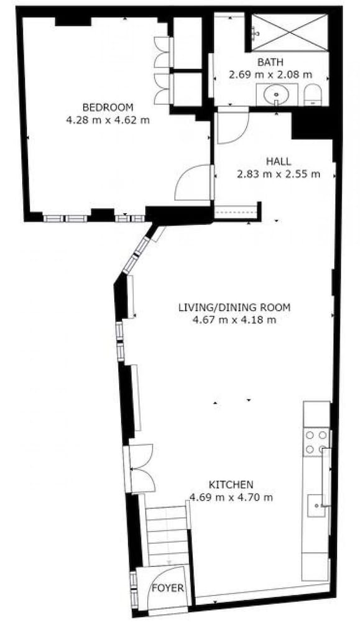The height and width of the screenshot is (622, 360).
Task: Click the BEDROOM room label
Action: pyautogui.click(x=108, y=107)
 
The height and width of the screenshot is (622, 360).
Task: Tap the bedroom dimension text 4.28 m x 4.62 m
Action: pyautogui.click(x=108, y=120)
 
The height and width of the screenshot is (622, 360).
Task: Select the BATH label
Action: pyautogui.click(x=270, y=62)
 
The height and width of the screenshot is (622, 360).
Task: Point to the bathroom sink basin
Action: pyautogui.click(x=277, y=95)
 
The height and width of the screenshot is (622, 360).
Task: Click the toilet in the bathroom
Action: pyautogui.click(x=313, y=95)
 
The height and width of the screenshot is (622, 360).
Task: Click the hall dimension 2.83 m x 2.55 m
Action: pyautogui.click(x=279, y=174)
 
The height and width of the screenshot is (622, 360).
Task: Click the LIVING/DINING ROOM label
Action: pyautogui.click(x=234, y=307)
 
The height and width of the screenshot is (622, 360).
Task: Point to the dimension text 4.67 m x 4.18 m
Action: pyautogui.click(x=234, y=320)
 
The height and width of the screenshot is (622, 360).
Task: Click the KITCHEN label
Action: pyautogui.click(x=231, y=485)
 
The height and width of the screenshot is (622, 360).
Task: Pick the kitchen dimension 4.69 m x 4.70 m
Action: pyautogui.click(x=231, y=497)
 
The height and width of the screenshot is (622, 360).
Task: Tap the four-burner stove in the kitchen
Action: pyautogui.click(x=316, y=442)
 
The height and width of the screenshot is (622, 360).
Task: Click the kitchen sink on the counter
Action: pyautogui.click(x=316, y=506)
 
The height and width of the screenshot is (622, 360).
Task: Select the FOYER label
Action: pyautogui.click(x=168, y=588)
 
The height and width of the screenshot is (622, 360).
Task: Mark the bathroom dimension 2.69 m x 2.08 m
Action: pyautogui.click(x=270, y=74)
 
